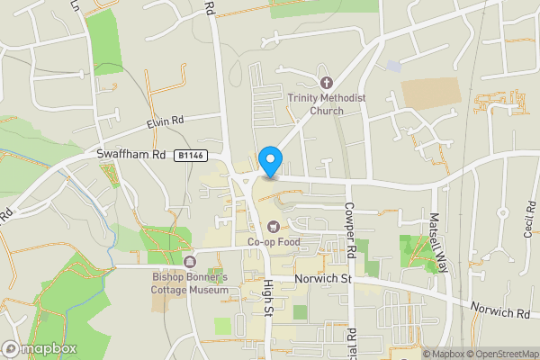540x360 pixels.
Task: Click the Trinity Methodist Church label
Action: tap(316, 104)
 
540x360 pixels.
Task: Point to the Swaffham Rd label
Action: tap(132, 155)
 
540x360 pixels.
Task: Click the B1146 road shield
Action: tap(191, 156)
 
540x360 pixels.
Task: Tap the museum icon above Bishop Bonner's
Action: tap(190, 262)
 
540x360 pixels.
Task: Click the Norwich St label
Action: tap(322, 280)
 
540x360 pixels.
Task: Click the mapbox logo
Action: tap(40, 348)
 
